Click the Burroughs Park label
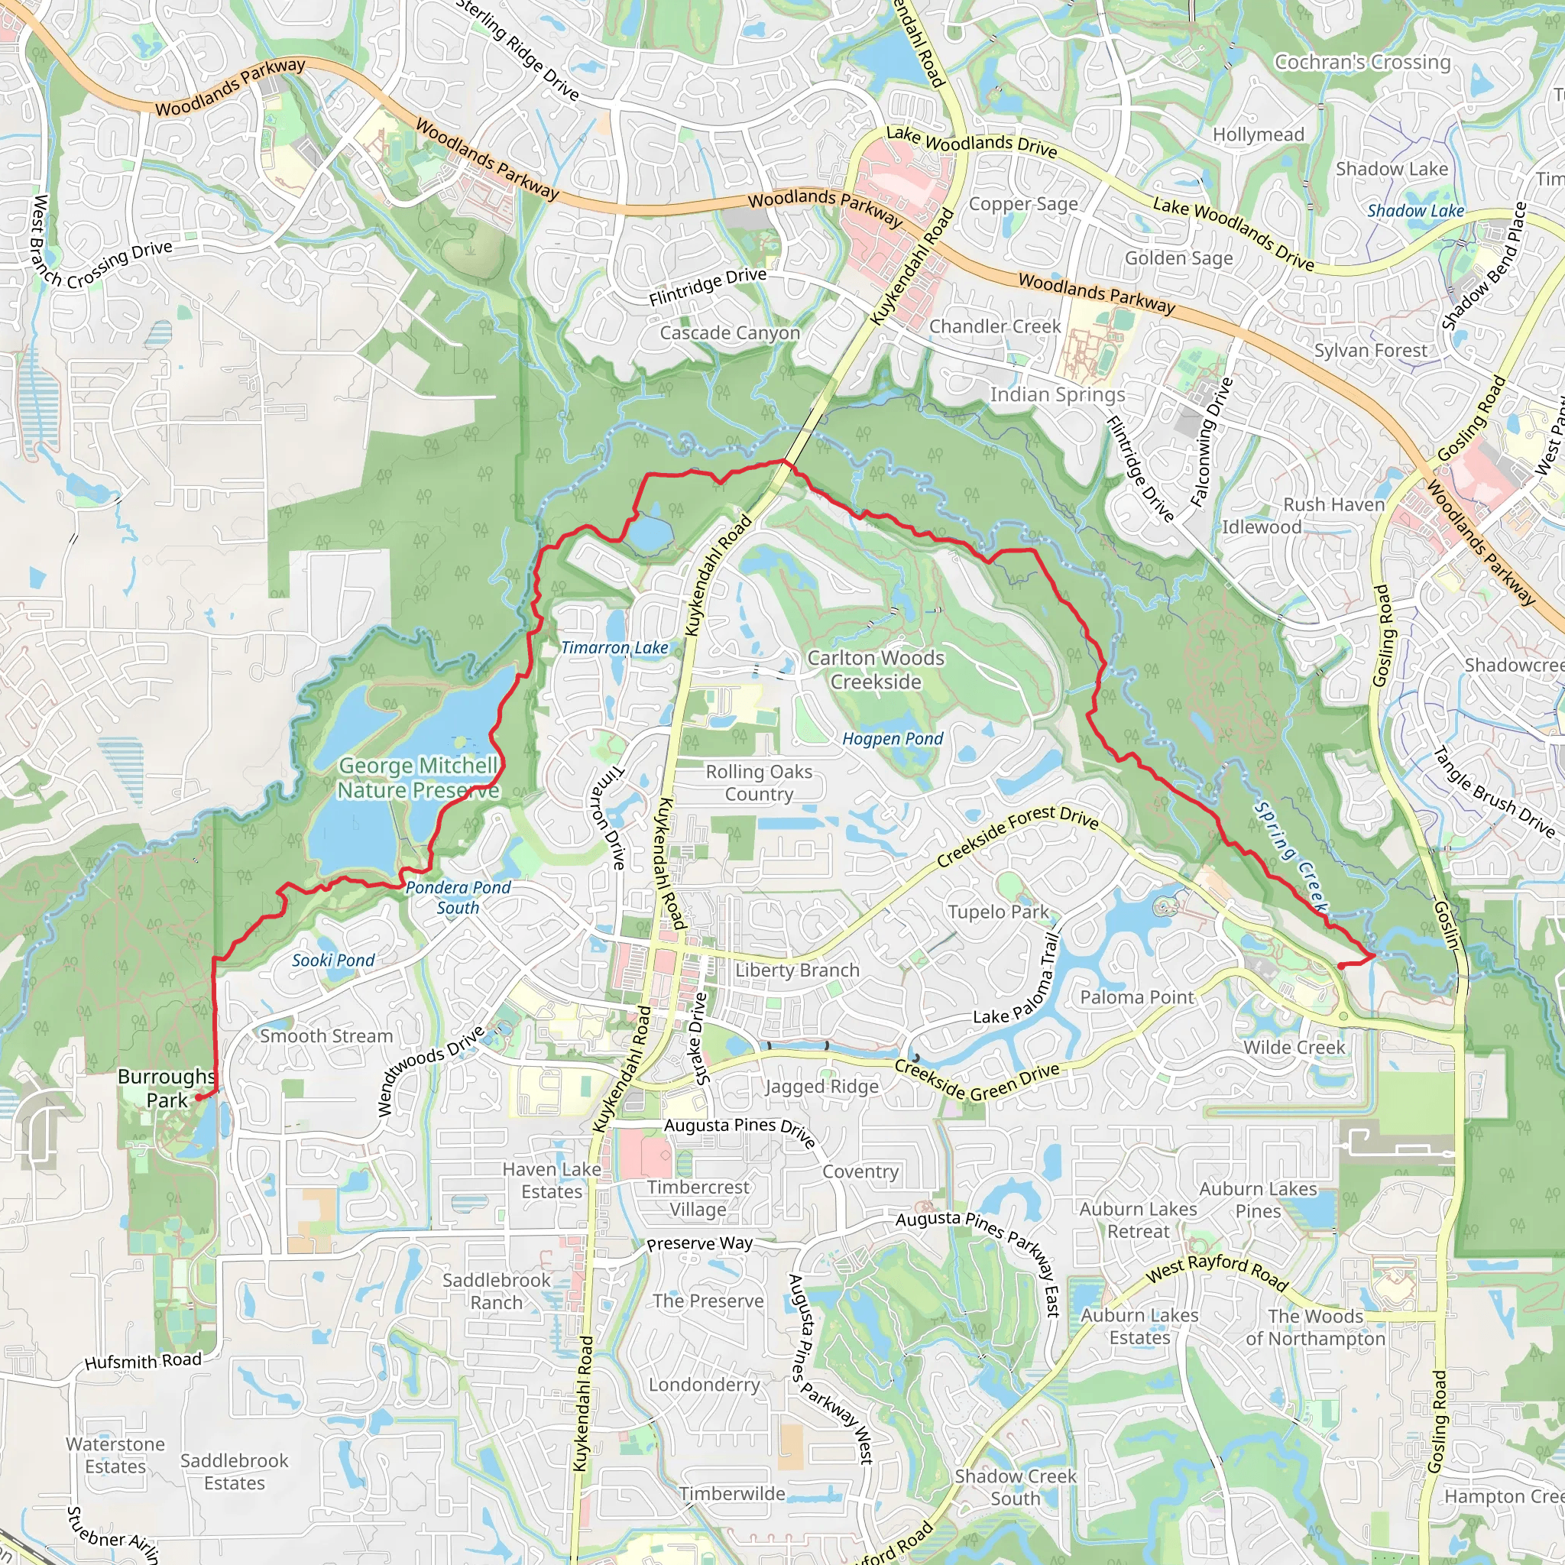point(167,1088)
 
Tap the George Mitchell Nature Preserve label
point(418,778)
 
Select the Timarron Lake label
point(615,647)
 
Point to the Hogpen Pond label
point(893,739)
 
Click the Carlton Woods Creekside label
point(876,670)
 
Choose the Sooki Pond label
point(333,960)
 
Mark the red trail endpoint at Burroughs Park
point(199,1097)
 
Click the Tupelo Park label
point(998,912)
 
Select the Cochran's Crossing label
point(1362,63)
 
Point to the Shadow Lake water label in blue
point(1416,211)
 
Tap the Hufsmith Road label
point(144,1361)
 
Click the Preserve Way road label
point(700,1243)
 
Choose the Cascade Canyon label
point(730,333)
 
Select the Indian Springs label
point(1057,394)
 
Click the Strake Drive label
point(701,1038)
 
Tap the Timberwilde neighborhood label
point(732,1494)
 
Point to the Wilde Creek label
point(1294,1048)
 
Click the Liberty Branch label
point(797,970)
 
